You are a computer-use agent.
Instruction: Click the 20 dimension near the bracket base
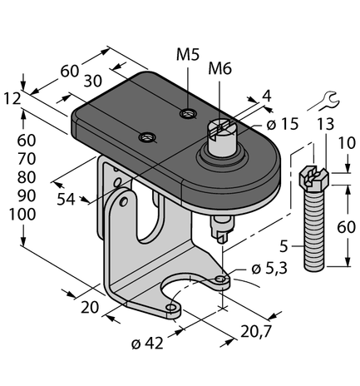90,308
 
